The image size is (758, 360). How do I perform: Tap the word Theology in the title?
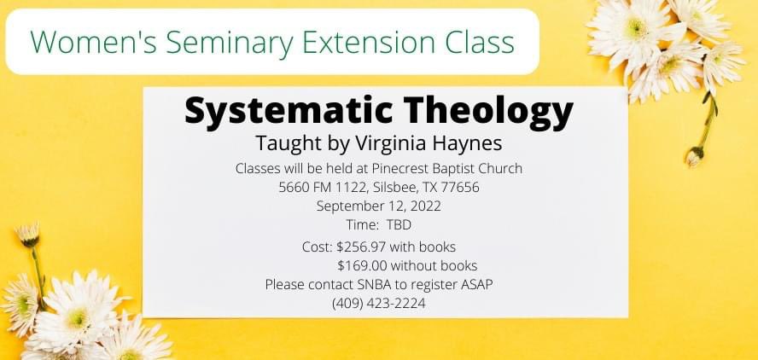tap(488, 111)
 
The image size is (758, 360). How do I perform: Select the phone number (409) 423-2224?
tap(378, 303)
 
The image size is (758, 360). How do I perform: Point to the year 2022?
tap(424, 206)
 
